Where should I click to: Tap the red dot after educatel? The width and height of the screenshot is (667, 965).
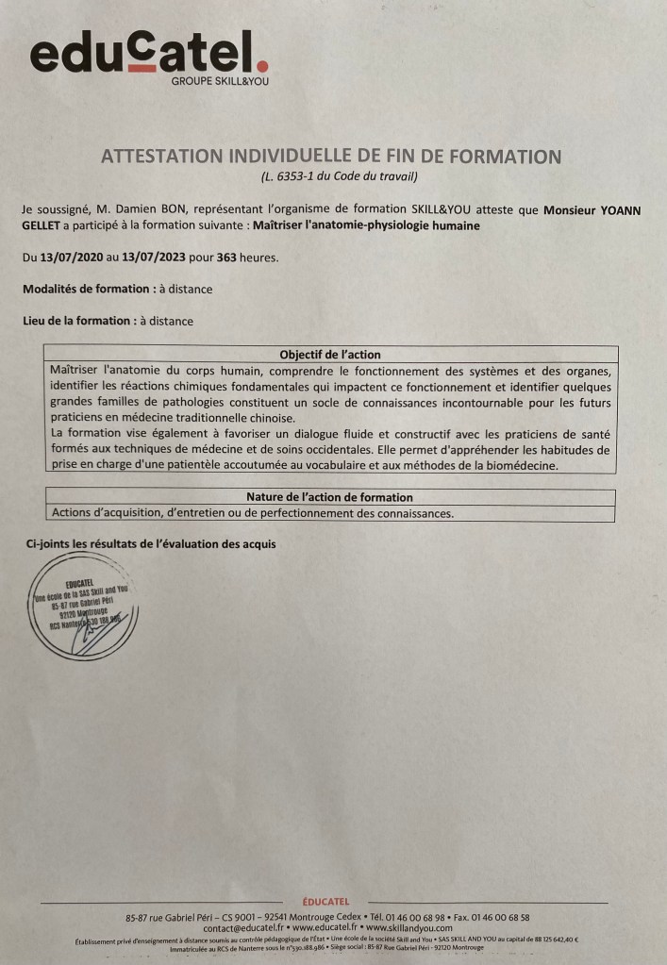click(x=263, y=66)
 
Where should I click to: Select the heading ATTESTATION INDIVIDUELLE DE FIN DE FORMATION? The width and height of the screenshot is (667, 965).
click(x=330, y=157)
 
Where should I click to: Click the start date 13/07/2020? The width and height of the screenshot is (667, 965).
click(x=72, y=258)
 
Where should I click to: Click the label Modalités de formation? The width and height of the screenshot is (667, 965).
click(x=86, y=289)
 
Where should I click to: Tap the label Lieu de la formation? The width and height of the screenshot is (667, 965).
click(x=76, y=321)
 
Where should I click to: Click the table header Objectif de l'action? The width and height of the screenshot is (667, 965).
click(x=330, y=354)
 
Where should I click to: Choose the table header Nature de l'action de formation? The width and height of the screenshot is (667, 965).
click(x=329, y=497)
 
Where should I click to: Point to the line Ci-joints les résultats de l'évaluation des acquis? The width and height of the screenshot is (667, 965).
click(x=150, y=544)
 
